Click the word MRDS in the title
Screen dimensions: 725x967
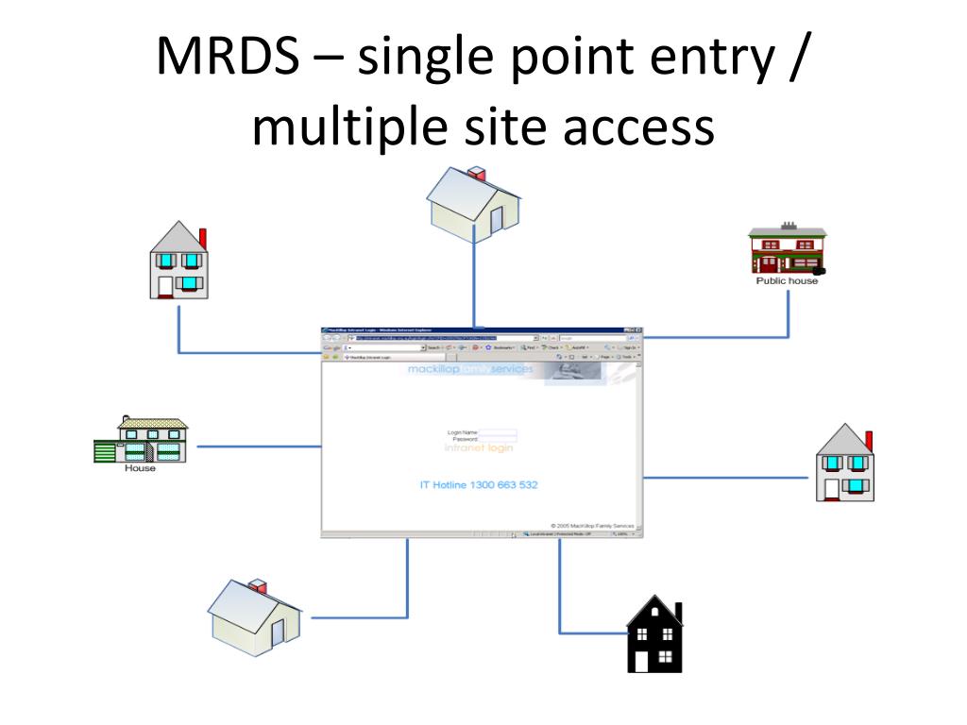223,59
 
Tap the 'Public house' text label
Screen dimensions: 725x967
787,280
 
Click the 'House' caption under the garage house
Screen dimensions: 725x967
140,467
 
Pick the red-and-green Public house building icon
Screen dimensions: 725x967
787,250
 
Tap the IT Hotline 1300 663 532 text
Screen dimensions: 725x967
479,485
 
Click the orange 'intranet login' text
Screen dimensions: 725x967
479,448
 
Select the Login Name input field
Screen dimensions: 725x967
498,432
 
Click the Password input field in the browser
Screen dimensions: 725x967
498,439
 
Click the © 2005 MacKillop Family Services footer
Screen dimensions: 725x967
593,525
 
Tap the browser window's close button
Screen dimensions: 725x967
638,329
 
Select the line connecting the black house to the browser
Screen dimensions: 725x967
560,595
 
